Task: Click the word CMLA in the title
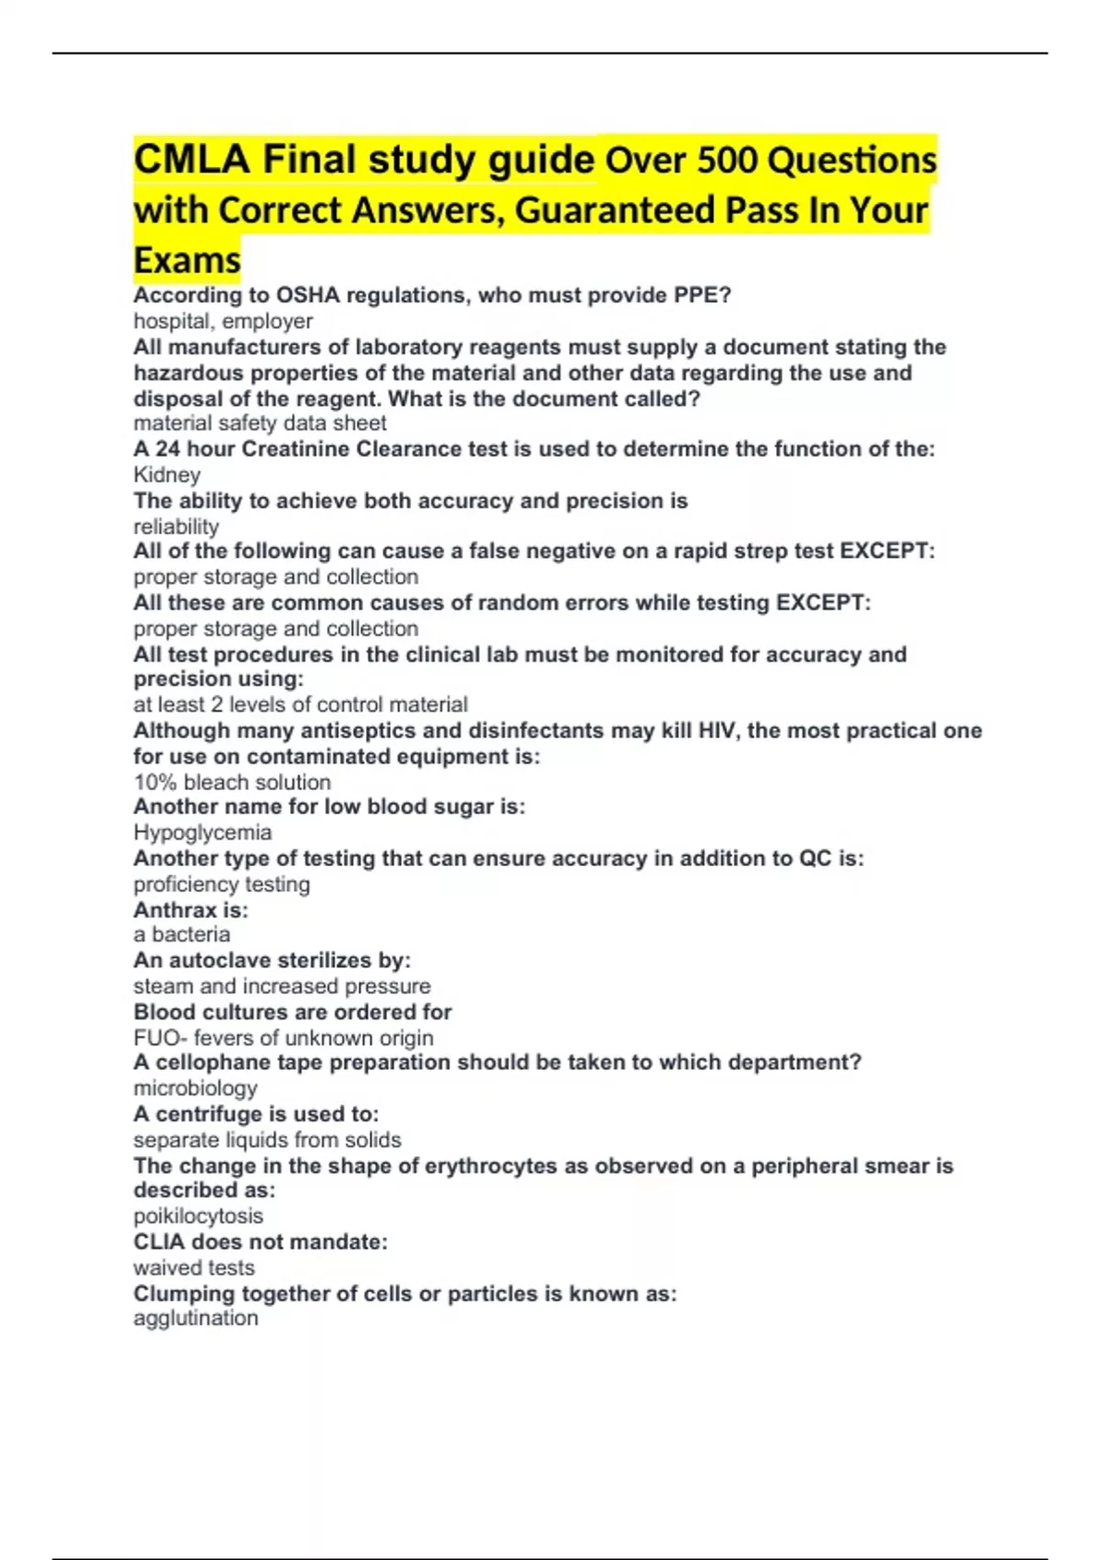point(191,160)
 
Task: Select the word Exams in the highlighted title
point(187,261)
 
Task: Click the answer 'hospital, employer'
point(223,321)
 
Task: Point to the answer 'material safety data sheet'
point(260,423)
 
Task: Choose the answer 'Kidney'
point(167,474)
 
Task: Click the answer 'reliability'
point(176,527)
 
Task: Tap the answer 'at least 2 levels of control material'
point(300,705)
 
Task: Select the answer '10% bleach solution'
point(232,783)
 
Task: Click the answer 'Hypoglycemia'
point(203,832)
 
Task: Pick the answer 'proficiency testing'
point(221,885)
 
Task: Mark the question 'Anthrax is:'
point(191,910)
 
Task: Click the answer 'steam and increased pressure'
point(282,986)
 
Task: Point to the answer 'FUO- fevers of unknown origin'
point(284,1038)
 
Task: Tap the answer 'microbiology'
point(195,1088)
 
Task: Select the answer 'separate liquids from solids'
point(267,1140)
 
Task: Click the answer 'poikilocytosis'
point(198,1216)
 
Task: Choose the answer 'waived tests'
point(194,1268)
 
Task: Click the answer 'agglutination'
point(195,1319)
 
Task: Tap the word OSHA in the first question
point(308,295)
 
